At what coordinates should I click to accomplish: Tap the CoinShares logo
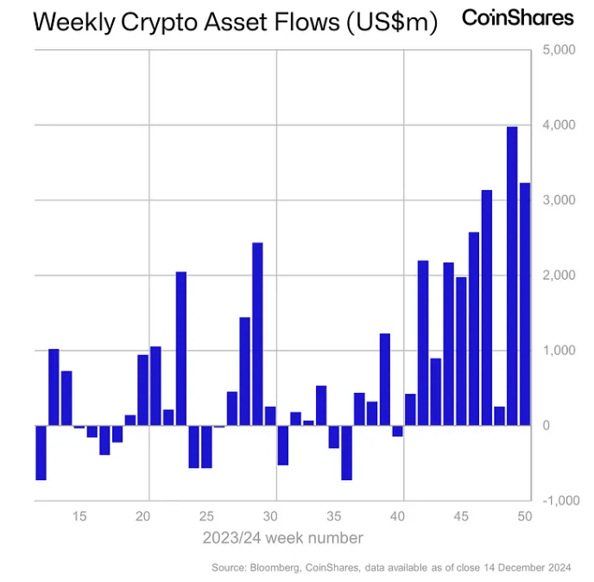click(518, 17)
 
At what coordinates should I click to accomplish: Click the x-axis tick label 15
click(79, 516)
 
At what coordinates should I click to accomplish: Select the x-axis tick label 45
click(462, 516)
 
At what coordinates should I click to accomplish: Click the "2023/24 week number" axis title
click(282, 538)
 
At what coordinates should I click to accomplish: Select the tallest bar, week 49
click(512, 276)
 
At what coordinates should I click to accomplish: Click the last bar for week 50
click(525, 304)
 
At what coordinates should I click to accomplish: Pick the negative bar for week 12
click(41, 452)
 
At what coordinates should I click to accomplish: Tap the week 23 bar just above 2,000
click(181, 349)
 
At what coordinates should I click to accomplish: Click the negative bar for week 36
click(346, 452)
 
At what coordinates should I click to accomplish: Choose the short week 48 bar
click(499, 416)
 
